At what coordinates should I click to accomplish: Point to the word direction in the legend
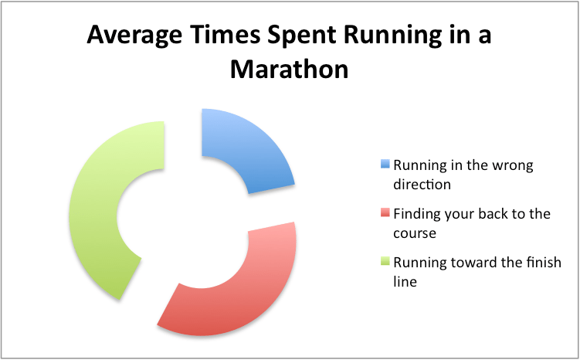click(x=422, y=185)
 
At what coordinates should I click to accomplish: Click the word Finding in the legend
click(x=416, y=213)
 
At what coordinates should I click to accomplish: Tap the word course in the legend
click(x=415, y=233)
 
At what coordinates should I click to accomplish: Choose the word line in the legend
click(x=405, y=281)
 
